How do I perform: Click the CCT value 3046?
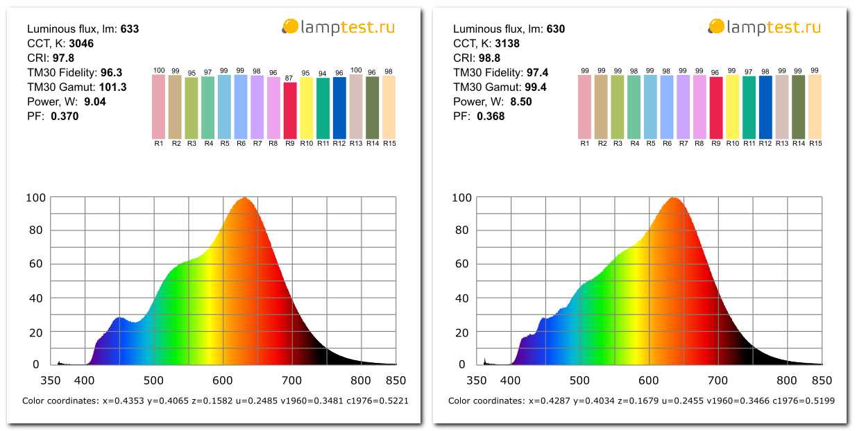point(80,44)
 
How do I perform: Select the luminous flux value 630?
point(556,29)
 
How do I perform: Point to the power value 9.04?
point(94,102)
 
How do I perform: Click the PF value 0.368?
point(491,117)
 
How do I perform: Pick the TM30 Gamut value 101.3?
point(108,87)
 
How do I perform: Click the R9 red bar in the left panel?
point(290,110)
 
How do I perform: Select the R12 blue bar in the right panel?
point(765,107)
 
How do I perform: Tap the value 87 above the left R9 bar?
point(290,78)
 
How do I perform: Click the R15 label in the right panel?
point(815,144)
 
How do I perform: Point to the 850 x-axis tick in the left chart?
point(396,380)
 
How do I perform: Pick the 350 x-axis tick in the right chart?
point(477,380)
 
